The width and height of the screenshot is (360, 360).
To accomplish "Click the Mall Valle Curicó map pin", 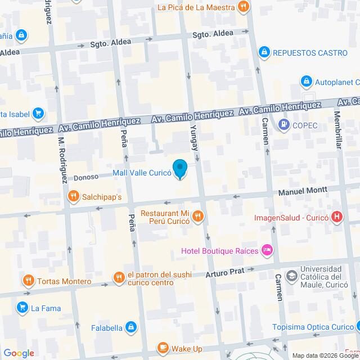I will pyautogui.click(x=179, y=169).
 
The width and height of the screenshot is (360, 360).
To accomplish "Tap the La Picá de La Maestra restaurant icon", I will pyautogui.click(x=243, y=7).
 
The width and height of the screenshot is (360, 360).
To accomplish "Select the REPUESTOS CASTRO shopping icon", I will pyautogui.click(x=264, y=52).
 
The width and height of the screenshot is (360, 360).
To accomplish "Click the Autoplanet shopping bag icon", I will pyautogui.click(x=306, y=82).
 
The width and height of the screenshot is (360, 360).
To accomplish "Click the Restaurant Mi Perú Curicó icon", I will pyautogui.click(x=197, y=216).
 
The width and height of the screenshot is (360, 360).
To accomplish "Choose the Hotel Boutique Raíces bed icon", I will pyautogui.click(x=268, y=249).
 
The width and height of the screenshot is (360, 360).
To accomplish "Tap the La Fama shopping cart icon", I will pyautogui.click(x=22, y=307).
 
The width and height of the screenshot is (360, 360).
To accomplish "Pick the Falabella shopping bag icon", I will pyautogui.click(x=130, y=326).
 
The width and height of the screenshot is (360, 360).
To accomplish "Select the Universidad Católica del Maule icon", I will pyautogui.click(x=291, y=276).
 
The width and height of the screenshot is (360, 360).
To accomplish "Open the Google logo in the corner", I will pyautogui.click(x=18, y=353).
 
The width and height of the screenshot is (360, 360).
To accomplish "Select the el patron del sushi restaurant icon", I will pyautogui.click(x=118, y=277).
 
